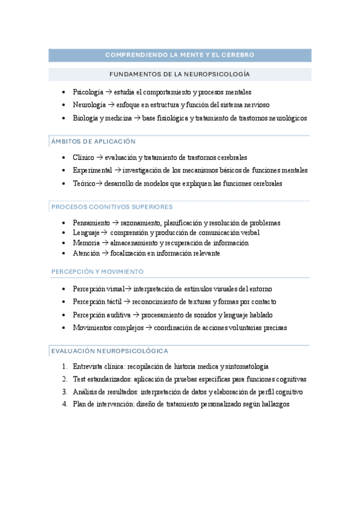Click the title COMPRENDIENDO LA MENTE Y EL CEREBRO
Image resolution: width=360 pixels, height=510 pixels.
(x=180, y=55)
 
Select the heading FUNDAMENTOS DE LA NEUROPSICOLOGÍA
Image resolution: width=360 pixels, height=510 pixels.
(x=180, y=75)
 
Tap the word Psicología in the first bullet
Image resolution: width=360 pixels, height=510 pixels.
(x=87, y=92)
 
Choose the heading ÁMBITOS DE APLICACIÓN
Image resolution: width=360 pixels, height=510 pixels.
(x=94, y=142)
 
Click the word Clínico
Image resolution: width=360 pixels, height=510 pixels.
(x=83, y=158)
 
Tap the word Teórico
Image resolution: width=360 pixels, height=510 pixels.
(x=83, y=183)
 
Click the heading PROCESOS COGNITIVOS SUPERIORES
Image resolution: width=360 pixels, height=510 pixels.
(x=112, y=207)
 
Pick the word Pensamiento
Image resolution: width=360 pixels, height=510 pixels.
(x=91, y=223)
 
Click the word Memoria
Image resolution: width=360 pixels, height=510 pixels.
(x=85, y=243)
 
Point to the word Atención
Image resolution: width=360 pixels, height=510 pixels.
(x=85, y=253)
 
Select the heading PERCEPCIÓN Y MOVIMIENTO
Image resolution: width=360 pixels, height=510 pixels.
(x=97, y=272)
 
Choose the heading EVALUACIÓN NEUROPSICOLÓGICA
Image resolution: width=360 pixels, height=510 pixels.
(x=110, y=351)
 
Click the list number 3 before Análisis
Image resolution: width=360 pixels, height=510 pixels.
(x=64, y=392)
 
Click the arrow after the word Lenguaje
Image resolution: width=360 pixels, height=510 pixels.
(x=104, y=233)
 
